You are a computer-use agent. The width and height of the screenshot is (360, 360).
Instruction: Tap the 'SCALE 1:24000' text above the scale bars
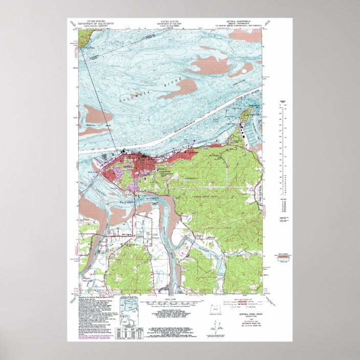click(177, 297)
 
